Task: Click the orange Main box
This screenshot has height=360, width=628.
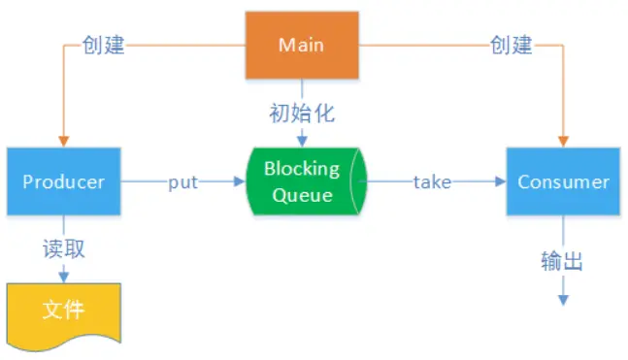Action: (x=301, y=45)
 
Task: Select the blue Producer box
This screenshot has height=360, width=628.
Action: (x=64, y=181)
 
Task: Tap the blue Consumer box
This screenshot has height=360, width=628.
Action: (x=563, y=181)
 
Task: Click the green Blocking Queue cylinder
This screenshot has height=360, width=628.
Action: (x=302, y=181)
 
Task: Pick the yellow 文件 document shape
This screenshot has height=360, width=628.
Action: (x=63, y=312)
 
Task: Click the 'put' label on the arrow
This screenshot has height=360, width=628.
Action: (x=184, y=181)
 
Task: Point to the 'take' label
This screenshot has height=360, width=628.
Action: (x=432, y=181)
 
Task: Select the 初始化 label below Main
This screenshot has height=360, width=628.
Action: (x=302, y=114)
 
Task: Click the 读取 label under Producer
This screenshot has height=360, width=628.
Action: (x=64, y=248)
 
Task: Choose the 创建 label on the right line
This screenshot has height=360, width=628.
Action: (x=510, y=45)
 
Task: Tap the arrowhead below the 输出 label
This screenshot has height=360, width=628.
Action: (x=563, y=300)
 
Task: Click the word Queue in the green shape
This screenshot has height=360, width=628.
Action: (x=302, y=194)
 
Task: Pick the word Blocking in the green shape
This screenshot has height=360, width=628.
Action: (x=302, y=169)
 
